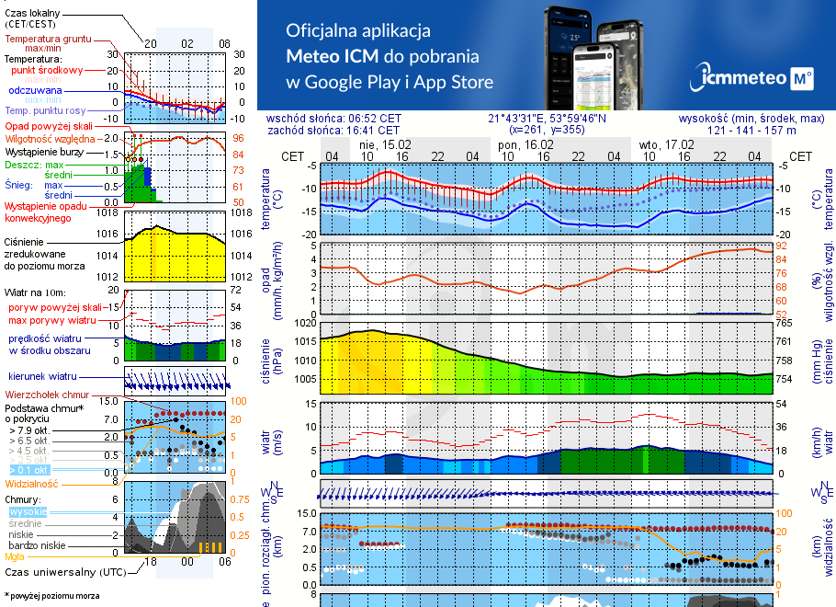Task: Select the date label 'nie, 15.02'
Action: pos(386,144)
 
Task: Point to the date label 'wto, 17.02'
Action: pos(667,144)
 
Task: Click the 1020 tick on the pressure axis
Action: pos(306,323)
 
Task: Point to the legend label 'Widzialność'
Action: pos(32,483)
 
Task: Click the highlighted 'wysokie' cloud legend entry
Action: pos(28,511)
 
